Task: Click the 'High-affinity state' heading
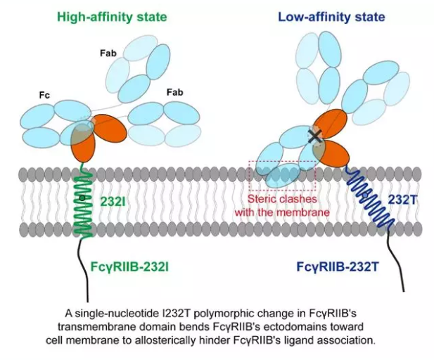[x=112, y=15]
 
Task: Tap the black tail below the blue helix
[x=399, y=274]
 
